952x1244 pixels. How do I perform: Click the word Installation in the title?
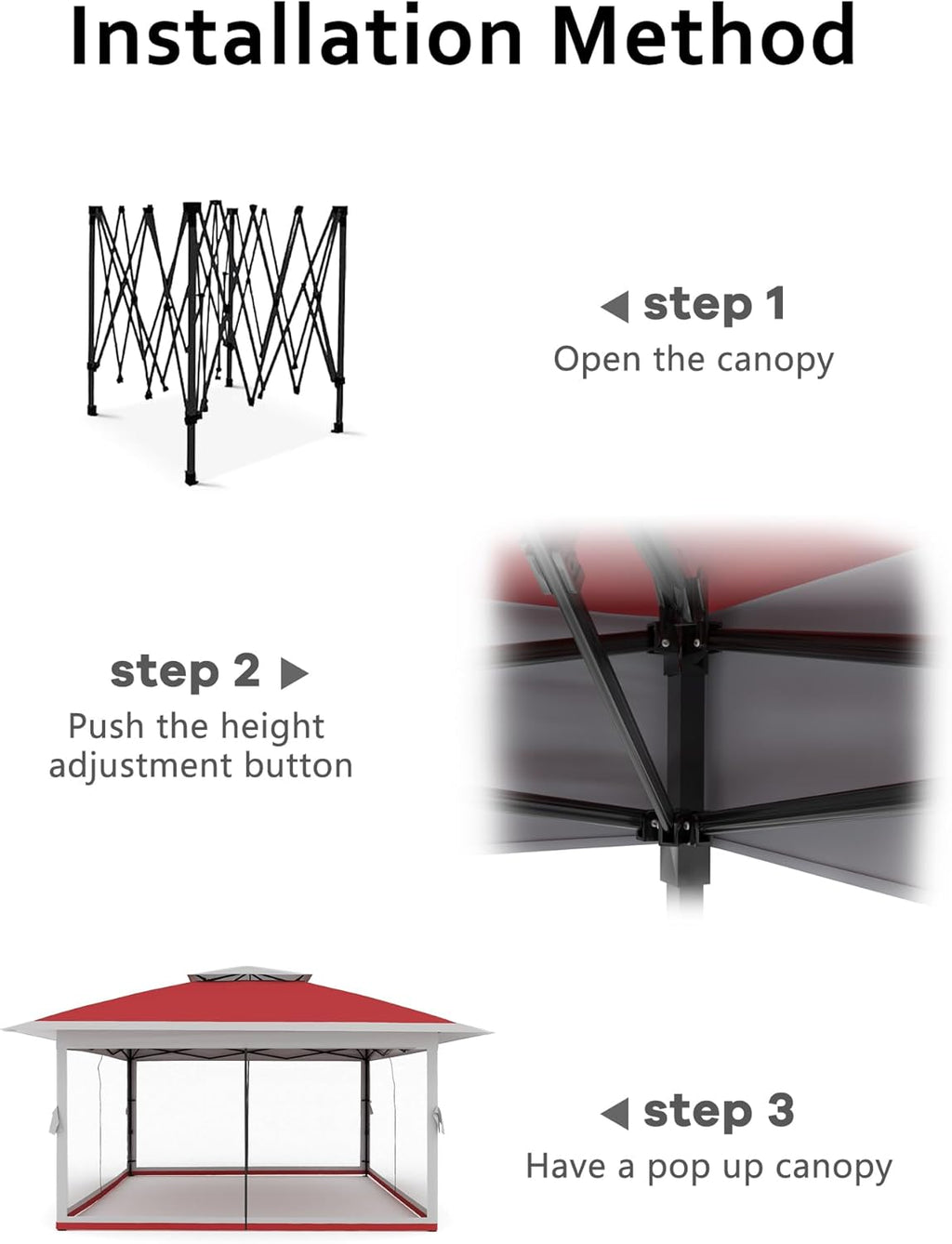(x=296, y=35)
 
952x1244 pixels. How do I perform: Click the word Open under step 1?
(x=597, y=359)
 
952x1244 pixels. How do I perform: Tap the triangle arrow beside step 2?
(x=295, y=673)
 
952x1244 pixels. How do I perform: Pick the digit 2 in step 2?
(x=246, y=670)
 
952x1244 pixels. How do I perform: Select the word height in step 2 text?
(x=272, y=728)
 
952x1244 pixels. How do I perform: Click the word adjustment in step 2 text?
(x=140, y=767)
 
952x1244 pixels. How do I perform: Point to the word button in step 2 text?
(x=298, y=766)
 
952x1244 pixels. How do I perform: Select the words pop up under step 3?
(x=706, y=1170)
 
